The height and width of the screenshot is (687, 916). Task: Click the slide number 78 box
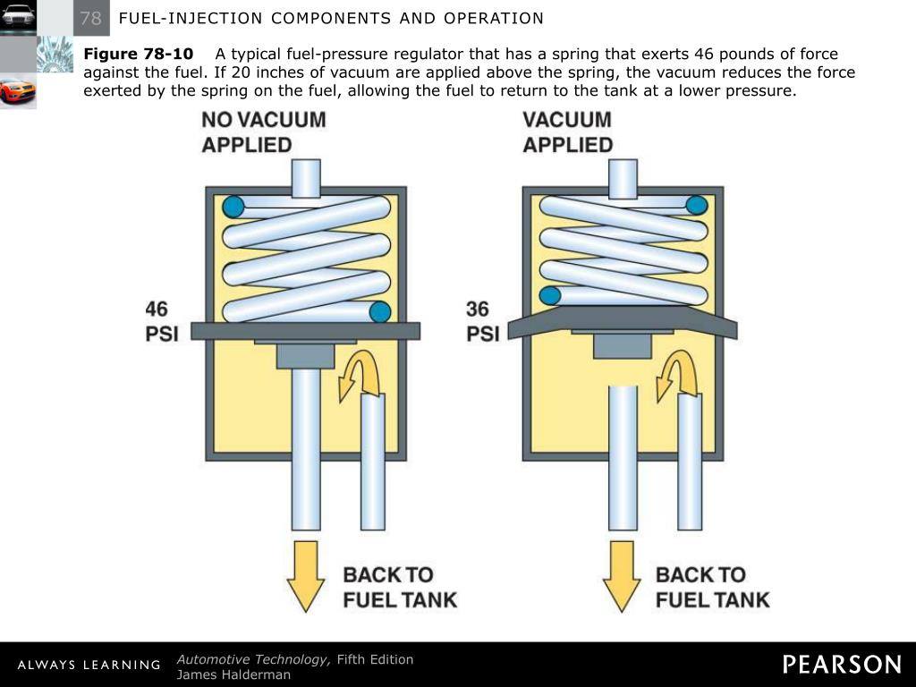click(x=90, y=18)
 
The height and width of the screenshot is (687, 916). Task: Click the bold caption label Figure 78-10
click(x=139, y=54)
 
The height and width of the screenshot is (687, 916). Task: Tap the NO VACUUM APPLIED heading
click(x=264, y=131)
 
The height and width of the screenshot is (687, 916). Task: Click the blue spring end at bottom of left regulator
click(x=380, y=311)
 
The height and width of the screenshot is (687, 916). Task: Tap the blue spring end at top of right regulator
click(x=697, y=206)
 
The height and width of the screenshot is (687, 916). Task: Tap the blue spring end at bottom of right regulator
click(x=550, y=294)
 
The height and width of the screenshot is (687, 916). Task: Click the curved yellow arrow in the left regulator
click(x=357, y=374)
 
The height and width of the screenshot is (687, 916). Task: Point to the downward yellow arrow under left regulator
click(x=306, y=573)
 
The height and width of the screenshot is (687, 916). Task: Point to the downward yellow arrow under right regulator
click(x=623, y=573)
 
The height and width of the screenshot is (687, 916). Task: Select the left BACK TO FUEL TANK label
click(x=400, y=587)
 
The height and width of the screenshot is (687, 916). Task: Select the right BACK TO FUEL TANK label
click(x=712, y=587)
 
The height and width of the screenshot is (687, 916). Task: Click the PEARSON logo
click(x=842, y=665)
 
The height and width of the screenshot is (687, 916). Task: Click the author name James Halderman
click(x=233, y=675)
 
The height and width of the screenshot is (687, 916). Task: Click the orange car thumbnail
click(x=18, y=90)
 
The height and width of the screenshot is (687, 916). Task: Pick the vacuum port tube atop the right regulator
click(x=623, y=177)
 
